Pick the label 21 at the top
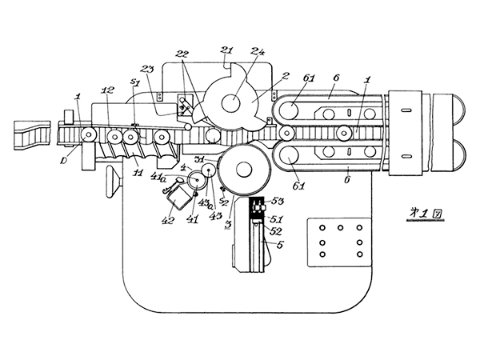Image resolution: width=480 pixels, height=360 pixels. coord(226,50)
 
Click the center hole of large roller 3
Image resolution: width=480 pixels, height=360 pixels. coord(240,170)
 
